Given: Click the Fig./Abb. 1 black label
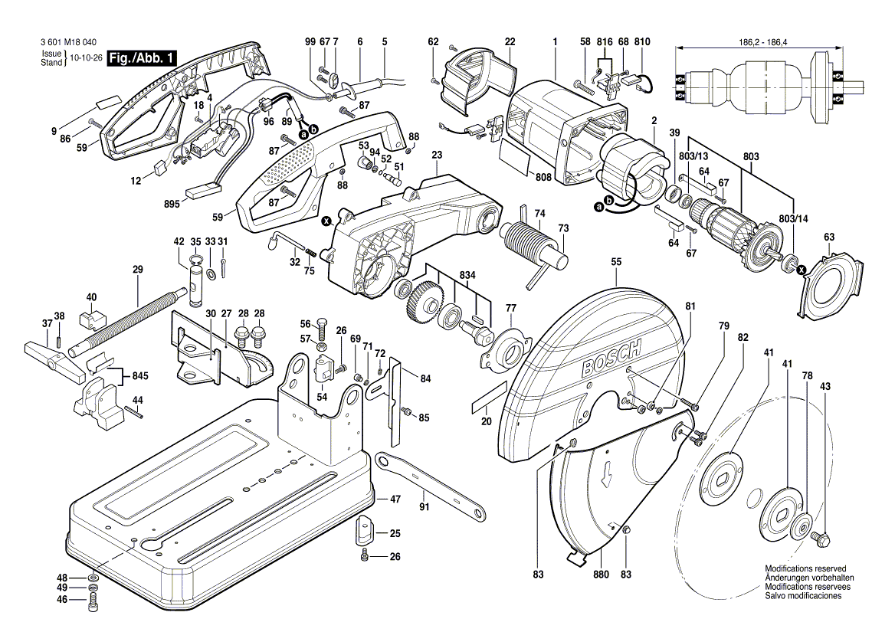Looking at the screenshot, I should tap(143, 58).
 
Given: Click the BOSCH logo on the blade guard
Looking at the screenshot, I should tap(611, 362).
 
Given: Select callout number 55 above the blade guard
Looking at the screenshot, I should tap(616, 262).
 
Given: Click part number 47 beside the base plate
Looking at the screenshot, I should tap(395, 499).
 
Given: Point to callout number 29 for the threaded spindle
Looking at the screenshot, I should tap(138, 269).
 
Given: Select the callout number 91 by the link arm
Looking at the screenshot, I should tap(424, 506).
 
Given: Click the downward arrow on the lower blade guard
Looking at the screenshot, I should tap(606, 474).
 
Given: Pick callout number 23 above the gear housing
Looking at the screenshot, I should tap(437, 154).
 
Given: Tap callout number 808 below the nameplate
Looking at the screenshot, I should tap(544, 177).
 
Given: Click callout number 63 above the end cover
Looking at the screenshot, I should tap(829, 237).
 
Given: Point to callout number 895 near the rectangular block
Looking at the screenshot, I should tap(172, 204).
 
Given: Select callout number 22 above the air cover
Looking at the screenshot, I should tap(510, 41).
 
